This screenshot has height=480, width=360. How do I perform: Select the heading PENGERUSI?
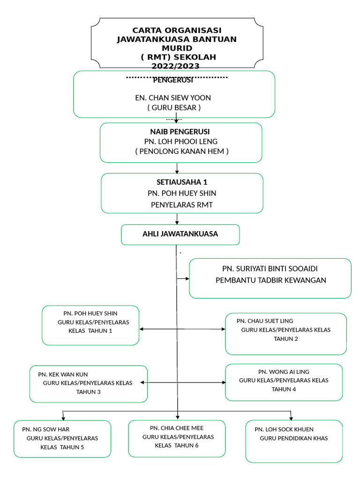click(x=173, y=81)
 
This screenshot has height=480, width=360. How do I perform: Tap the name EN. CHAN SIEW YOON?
click(x=173, y=98)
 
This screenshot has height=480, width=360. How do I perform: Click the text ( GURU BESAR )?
click(x=173, y=108)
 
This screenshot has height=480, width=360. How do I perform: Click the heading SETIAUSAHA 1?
click(x=182, y=182)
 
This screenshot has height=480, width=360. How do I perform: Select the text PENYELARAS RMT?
click(x=182, y=204)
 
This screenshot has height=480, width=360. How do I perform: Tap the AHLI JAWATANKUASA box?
click(x=180, y=234)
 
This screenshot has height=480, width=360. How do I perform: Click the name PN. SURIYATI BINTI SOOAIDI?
click(x=270, y=269)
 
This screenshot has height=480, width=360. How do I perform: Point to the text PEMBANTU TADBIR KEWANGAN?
click(x=270, y=280)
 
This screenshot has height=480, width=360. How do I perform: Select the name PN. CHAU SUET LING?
click(x=265, y=321)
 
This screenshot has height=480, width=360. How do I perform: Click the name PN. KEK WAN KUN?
click(x=63, y=375)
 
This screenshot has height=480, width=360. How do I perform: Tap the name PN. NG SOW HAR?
click(x=46, y=429)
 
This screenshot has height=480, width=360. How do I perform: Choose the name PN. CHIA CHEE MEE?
click(x=177, y=428)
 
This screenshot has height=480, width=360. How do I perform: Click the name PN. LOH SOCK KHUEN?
click(x=284, y=429)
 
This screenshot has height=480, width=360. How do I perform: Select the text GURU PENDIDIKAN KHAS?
click(x=294, y=438)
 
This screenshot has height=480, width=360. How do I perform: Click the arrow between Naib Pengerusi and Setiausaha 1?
click(x=177, y=168)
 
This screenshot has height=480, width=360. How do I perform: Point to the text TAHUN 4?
click(x=284, y=389)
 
